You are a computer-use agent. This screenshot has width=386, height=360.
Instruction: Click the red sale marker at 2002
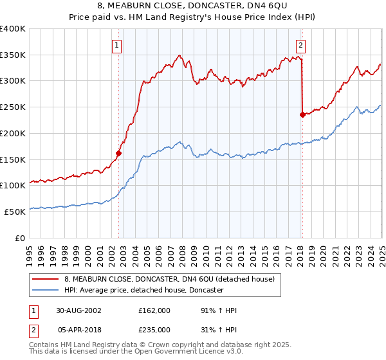coord(118,153)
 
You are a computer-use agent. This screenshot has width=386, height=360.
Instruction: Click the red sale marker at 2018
coord(302,115)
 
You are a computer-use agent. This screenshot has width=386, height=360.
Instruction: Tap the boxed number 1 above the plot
coord(117,45)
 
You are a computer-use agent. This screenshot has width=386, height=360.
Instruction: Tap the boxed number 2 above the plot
coord(300,45)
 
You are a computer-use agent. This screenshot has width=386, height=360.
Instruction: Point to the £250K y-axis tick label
coord(13,107)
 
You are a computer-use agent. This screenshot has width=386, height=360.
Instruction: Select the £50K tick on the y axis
coord(15,211)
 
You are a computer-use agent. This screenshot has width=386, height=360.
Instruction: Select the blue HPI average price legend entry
coord(143,290)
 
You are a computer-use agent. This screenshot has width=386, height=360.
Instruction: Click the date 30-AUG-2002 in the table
coord(78,310)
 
